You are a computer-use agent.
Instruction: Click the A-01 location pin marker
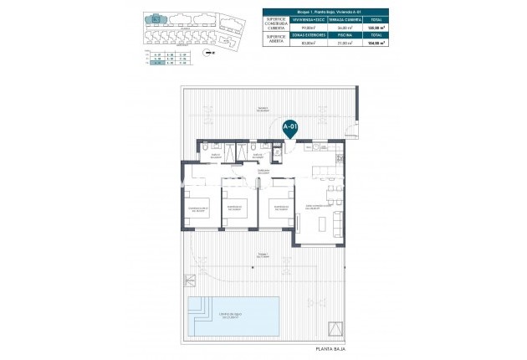point(290,128)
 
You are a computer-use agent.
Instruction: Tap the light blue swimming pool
point(233,314)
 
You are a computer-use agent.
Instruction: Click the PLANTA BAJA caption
point(330,347)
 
